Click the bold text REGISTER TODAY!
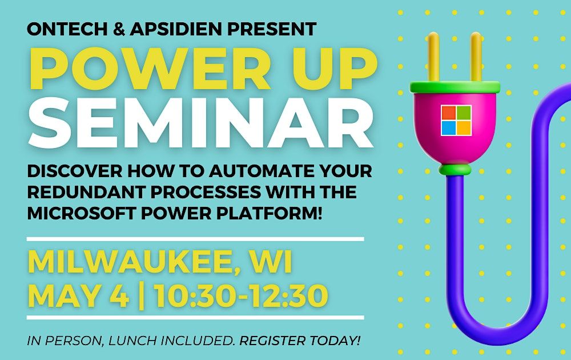(x=301, y=341)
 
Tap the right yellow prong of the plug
(x=475, y=57)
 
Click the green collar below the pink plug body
(x=455, y=170)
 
